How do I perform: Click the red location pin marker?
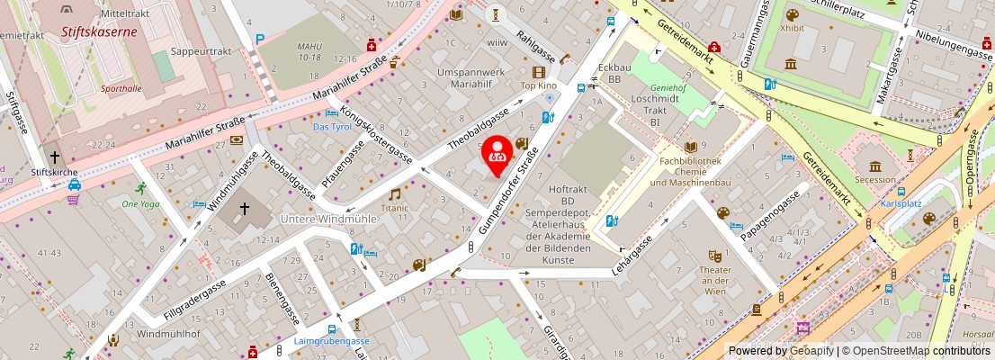tap(496, 155)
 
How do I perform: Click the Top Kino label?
tap(539, 85)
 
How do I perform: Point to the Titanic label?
tap(394, 208)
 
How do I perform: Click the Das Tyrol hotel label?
tap(332, 127)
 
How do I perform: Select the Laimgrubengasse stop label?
tap(332, 342)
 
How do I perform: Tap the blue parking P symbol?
tap(260, 39)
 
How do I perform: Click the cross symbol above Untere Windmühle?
tap(242, 210)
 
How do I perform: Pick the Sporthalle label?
tap(122, 88)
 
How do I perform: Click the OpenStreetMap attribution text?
tap(912, 351)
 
